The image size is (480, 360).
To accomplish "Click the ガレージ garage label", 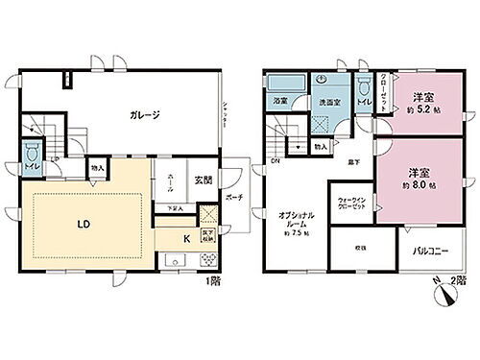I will point(144,114).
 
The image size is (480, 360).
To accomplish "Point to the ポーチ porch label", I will point(235,198).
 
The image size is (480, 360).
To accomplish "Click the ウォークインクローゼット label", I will point(349,204).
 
